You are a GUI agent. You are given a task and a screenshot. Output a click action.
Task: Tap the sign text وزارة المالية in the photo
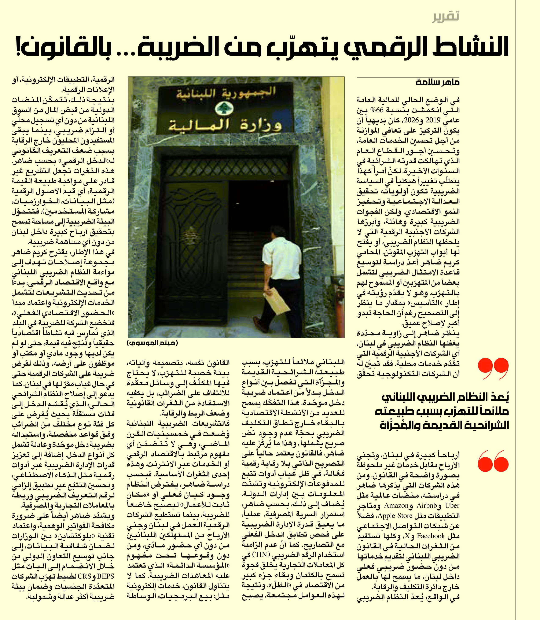click(x=220, y=125)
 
